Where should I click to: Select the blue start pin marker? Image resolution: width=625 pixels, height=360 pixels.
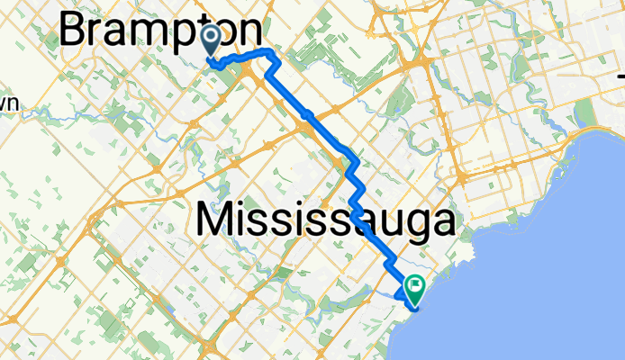(212, 40)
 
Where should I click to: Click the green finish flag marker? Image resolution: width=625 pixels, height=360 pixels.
(416, 289)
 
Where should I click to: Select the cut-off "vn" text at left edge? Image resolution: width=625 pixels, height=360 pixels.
(9, 104)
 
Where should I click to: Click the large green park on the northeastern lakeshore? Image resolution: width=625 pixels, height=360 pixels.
(587, 112)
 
